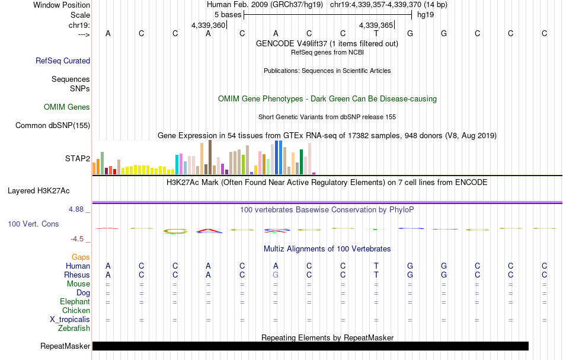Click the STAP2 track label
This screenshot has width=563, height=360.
(77, 158)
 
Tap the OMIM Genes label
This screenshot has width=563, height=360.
(66, 107)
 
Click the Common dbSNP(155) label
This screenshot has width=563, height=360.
(53, 125)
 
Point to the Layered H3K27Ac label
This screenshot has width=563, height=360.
(39, 191)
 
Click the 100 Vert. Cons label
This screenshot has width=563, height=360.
(33, 224)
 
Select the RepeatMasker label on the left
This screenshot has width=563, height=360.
(65, 346)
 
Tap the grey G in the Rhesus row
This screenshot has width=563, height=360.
(276, 275)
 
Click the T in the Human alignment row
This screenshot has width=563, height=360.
(376, 266)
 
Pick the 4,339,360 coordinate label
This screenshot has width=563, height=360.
(209, 26)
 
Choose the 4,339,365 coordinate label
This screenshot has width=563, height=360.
(376, 26)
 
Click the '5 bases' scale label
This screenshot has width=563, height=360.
(228, 14)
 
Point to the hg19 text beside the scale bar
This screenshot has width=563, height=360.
(426, 14)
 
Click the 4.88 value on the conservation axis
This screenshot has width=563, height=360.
(78, 209)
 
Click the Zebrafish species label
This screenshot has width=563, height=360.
(74, 329)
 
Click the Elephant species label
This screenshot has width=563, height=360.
(75, 302)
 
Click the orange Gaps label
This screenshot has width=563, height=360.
(80, 257)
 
